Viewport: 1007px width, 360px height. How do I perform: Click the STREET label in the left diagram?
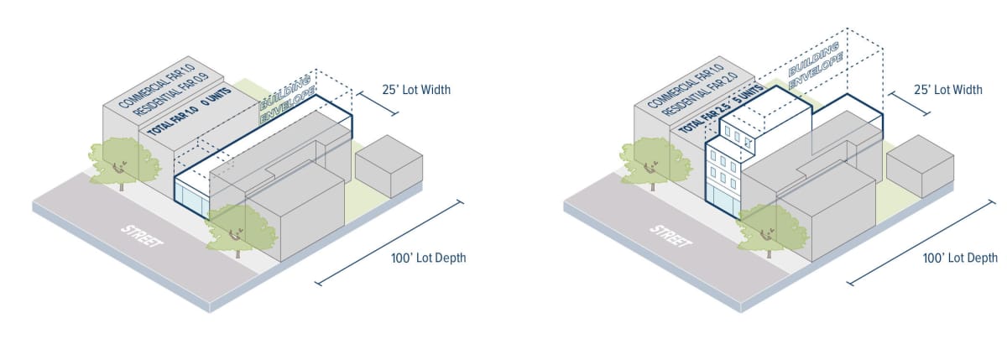142,240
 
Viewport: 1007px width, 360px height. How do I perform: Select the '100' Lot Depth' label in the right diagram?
960,258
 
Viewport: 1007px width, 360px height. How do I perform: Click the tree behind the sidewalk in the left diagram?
119,159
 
